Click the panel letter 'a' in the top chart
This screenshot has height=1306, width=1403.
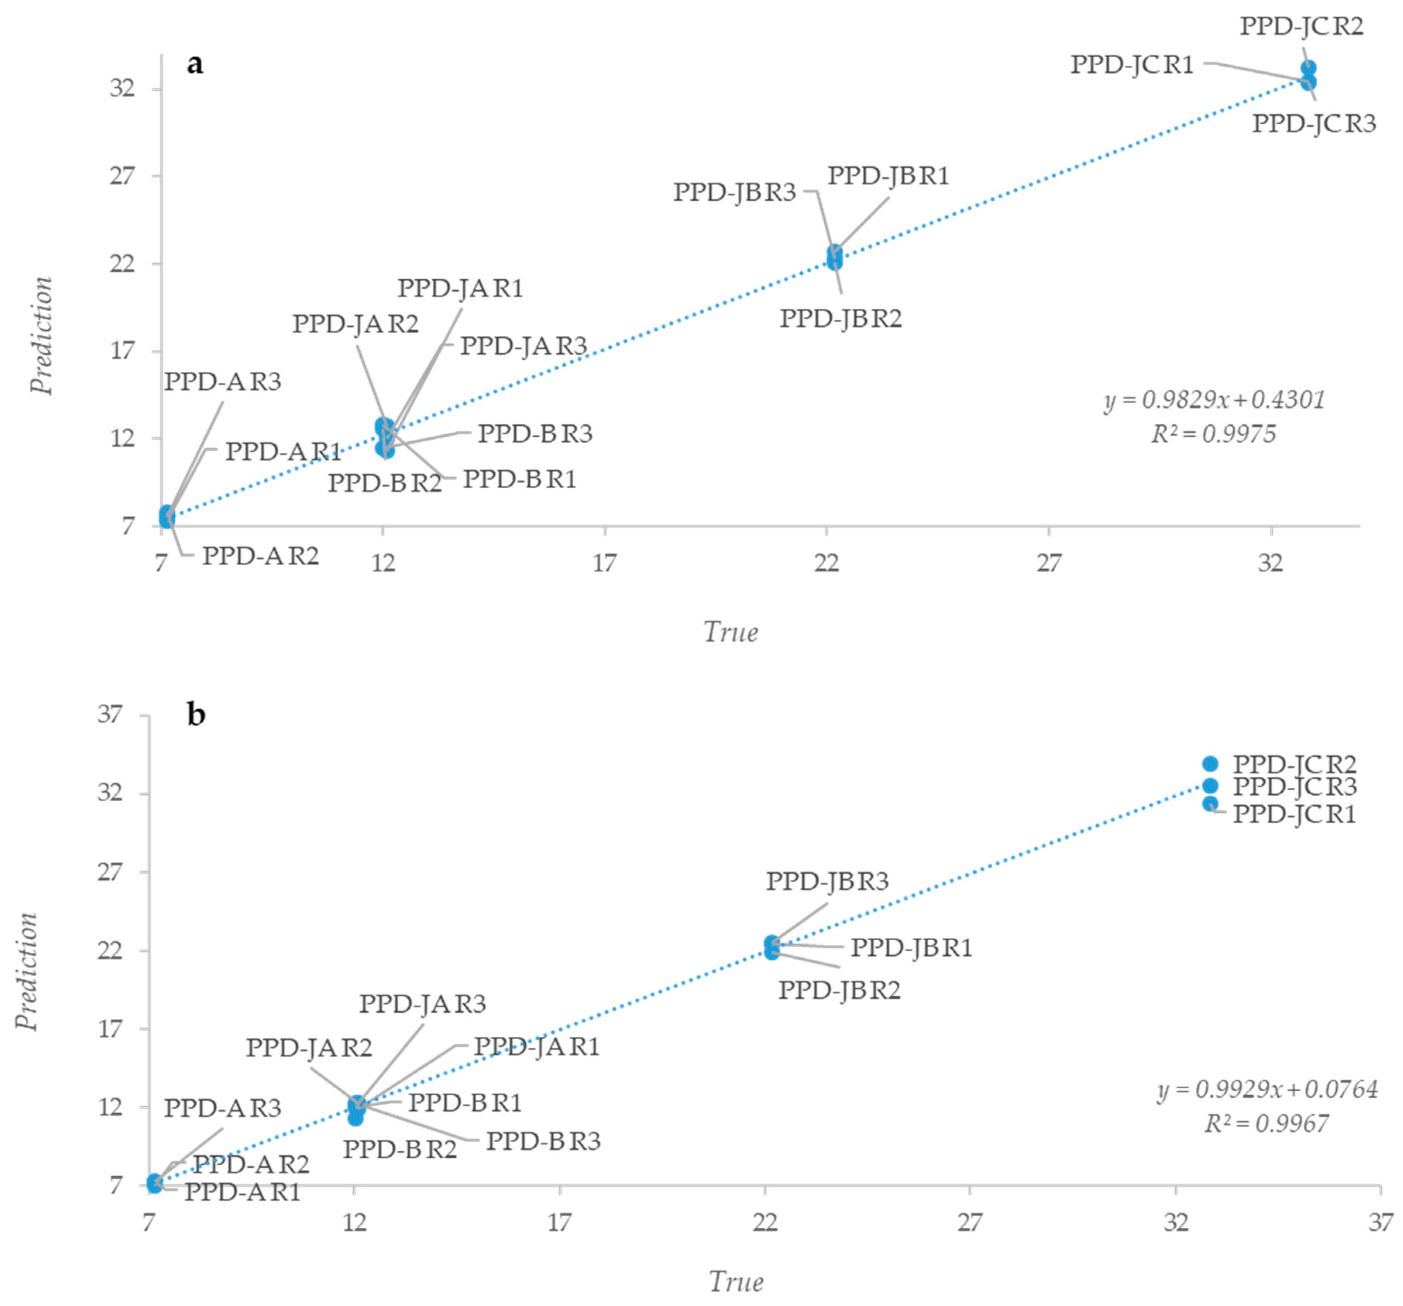tap(195, 64)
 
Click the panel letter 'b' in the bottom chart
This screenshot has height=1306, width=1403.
tap(196, 715)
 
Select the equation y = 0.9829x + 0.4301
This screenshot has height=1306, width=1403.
tap(1214, 400)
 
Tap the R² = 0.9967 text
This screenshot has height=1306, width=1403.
tap(1266, 1123)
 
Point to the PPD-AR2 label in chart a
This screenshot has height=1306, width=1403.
tap(260, 556)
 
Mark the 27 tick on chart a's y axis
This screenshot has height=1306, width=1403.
tap(121, 176)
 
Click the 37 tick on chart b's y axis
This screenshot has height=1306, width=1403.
tap(110, 714)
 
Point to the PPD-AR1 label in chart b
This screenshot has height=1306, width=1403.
tap(243, 1192)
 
